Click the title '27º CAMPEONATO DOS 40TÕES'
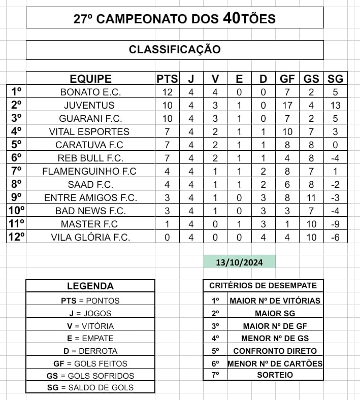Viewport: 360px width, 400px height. click(x=175, y=19)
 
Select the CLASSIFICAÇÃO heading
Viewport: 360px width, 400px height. click(x=175, y=50)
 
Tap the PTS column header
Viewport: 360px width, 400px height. click(x=167, y=79)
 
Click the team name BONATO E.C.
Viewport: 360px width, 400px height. click(x=90, y=92)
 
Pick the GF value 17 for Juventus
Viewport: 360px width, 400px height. click(x=287, y=106)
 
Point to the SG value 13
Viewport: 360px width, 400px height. click(x=335, y=106)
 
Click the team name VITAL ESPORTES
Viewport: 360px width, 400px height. click(x=90, y=131)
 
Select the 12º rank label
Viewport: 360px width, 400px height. click(x=16, y=237)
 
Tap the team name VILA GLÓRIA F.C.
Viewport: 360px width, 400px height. click(x=90, y=237)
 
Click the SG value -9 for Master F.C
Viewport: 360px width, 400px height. click(x=335, y=224)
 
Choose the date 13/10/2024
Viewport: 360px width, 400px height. click(x=239, y=262)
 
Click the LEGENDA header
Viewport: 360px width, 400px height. click(x=90, y=286)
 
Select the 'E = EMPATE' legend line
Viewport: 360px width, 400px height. click(x=90, y=338)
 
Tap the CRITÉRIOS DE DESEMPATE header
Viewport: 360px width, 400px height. click(x=263, y=286)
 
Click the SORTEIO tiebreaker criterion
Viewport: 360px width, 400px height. click(x=274, y=375)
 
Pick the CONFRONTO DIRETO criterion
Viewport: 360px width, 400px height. click(x=275, y=351)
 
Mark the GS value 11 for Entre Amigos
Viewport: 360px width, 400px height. click(x=311, y=197)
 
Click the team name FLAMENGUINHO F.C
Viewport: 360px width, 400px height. click(x=90, y=171)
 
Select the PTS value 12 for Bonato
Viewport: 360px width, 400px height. click(x=167, y=92)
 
